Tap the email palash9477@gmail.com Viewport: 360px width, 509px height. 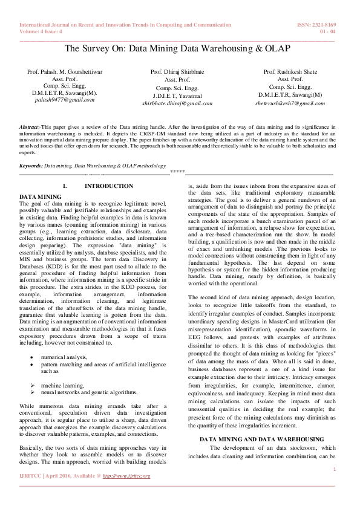(64, 99)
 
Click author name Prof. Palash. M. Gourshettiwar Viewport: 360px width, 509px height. (65, 73)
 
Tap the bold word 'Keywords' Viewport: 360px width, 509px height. (31, 165)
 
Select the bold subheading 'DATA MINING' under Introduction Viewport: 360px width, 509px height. (40, 197)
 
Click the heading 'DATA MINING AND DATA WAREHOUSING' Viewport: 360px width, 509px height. (261, 438)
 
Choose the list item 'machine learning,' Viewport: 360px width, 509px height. (64, 385)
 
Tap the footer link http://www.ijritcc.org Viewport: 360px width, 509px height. (126, 476)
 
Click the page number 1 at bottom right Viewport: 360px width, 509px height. (334, 468)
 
